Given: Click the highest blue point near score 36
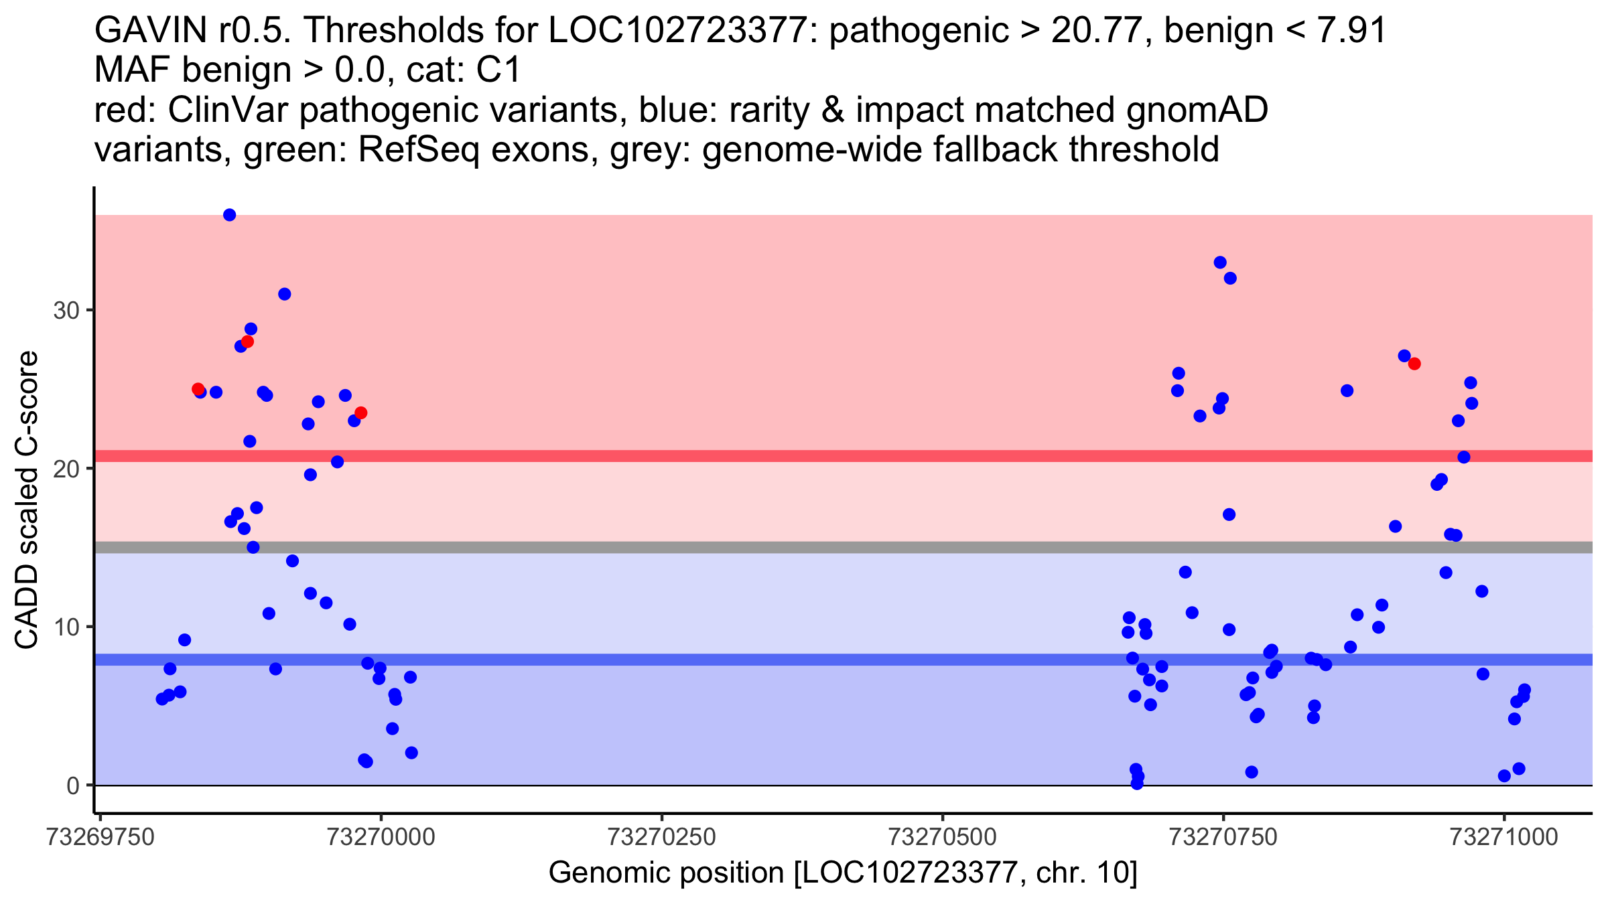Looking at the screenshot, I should pos(229,215).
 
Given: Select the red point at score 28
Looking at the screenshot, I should pos(247,342).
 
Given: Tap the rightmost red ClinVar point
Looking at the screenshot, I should pos(1414,364).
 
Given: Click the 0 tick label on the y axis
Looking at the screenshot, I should pos(73,785).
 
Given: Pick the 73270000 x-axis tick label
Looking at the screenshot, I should pos(381,838).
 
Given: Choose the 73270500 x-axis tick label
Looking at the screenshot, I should pos(943,838).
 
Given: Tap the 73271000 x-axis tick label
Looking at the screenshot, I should pos(1504,838).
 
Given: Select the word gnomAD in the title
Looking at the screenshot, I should pos(1197,110).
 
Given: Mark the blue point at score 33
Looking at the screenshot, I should pos(1220,262).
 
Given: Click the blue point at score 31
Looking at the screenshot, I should pos(284,294).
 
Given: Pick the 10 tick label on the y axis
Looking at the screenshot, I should pos(66,627).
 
